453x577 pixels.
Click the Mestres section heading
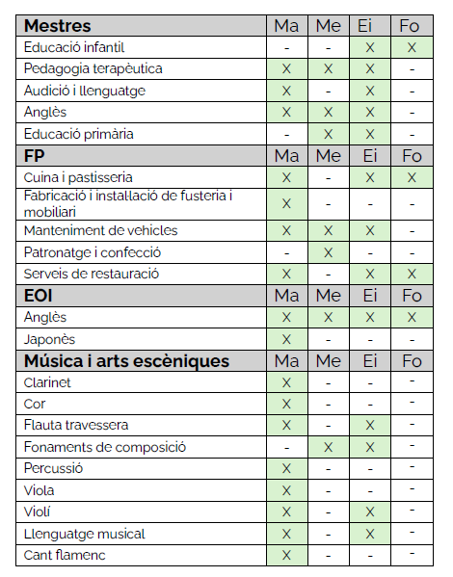pos(58,26)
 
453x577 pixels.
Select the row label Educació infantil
pos(74,47)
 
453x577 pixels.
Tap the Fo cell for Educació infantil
pos(412,47)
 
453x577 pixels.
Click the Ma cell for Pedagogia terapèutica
pos(286,69)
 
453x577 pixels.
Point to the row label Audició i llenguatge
pos(85,91)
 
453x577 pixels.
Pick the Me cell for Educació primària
pos(328,134)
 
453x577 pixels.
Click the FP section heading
pos(36,156)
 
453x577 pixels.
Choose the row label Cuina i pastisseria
pos(78,177)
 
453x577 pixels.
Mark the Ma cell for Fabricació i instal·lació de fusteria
pos(286,203)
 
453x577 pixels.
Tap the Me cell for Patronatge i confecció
pos(328,252)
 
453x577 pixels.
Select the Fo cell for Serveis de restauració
pos(412,274)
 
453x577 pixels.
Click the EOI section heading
pos(40,296)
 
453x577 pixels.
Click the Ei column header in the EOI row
pos(369,296)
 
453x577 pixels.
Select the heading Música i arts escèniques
pos(126,361)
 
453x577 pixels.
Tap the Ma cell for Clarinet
pos(286,382)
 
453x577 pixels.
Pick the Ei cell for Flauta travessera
pos(369,426)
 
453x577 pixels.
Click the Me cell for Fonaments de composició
pos(328,447)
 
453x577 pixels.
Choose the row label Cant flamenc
pos(66,556)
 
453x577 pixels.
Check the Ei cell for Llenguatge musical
pos(369,534)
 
